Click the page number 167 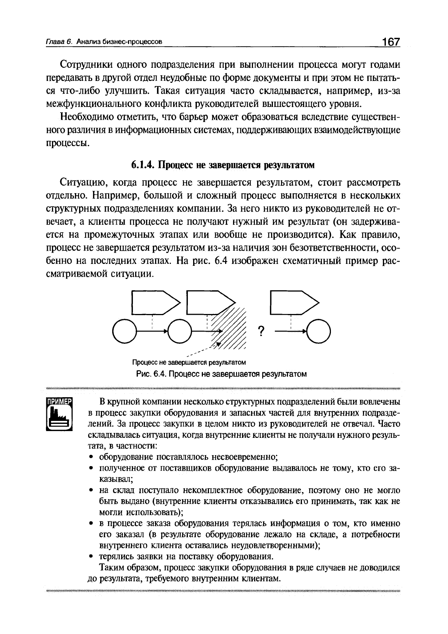pos(390,42)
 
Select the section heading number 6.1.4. pos(142,165)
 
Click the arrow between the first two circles pos(152,331)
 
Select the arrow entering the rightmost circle pos(291,331)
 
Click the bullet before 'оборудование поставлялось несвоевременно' pos(91,457)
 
